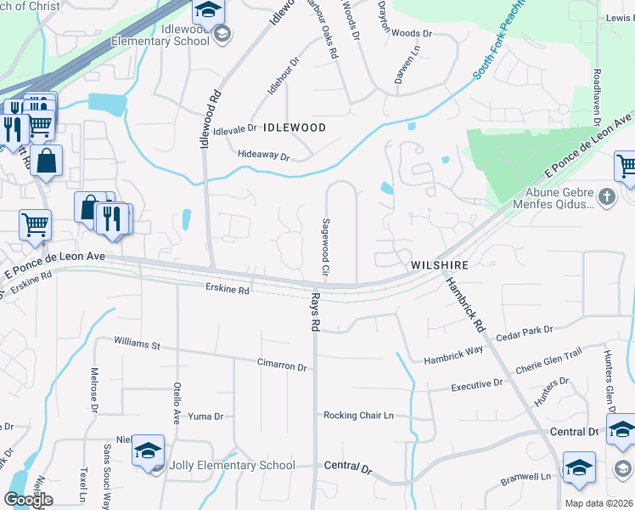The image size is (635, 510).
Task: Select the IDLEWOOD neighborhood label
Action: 295,127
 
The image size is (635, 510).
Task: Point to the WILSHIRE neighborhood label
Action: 441,265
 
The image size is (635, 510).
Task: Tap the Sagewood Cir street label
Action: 325,246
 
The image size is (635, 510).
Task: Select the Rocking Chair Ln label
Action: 358,416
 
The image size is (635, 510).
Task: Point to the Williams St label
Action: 138,344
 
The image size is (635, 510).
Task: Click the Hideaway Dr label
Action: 264,156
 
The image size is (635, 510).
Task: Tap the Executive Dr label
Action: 477,385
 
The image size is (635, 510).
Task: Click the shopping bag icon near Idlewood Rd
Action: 48,160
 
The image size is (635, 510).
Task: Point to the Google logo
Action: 29,500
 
